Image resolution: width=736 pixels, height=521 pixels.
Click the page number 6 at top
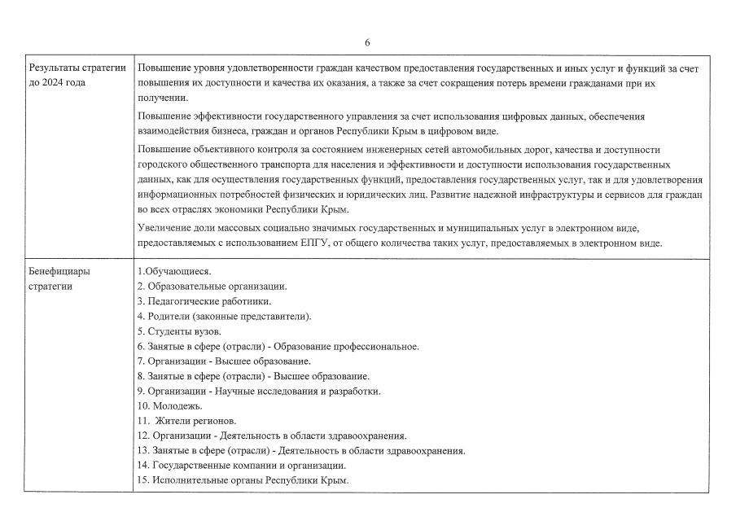[x=367, y=42]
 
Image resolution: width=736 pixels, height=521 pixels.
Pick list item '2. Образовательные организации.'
[x=212, y=287]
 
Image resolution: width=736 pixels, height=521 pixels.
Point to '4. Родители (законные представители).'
[x=224, y=316]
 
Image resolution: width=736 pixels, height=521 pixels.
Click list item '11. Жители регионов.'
[x=186, y=421]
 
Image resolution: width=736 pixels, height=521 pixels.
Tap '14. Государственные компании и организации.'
[x=241, y=466]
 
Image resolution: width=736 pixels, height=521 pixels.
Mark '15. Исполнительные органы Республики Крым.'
[x=243, y=480]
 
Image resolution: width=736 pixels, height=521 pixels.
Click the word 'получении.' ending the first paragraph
[x=160, y=98]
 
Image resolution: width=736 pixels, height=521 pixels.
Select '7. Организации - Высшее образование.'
[x=224, y=361]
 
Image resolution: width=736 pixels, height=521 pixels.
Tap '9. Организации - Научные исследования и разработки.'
[x=258, y=391]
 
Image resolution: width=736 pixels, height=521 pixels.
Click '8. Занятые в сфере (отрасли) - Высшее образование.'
[x=252, y=376]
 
